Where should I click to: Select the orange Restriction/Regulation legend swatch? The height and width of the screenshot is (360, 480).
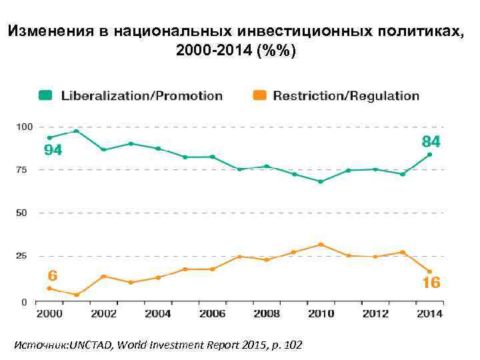coord(261,95)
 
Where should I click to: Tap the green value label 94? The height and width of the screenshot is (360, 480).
coord(53,151)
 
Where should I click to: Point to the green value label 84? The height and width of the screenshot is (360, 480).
coord(431,141)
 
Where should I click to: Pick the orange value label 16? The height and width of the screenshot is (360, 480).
coord(431,283)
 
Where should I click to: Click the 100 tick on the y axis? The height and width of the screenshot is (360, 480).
coord(25,127)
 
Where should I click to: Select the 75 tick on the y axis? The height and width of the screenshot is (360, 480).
coord(22,170)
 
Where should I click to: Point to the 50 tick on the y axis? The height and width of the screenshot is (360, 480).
coord(22,213)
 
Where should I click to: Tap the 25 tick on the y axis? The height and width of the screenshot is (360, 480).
coord(22,256)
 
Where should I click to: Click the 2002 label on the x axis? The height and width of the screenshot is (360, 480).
coord(103,314)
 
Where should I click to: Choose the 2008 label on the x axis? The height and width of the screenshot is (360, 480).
coord(266,314)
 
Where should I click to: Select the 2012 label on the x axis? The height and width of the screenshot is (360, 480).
coord(375,314)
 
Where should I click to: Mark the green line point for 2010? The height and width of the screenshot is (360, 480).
coord(321,181)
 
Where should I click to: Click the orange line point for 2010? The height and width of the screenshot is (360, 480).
coord(321,245)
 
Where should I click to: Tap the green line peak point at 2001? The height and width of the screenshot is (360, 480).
coord(77,131)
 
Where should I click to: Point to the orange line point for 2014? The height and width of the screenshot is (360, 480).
coord(429,271)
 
